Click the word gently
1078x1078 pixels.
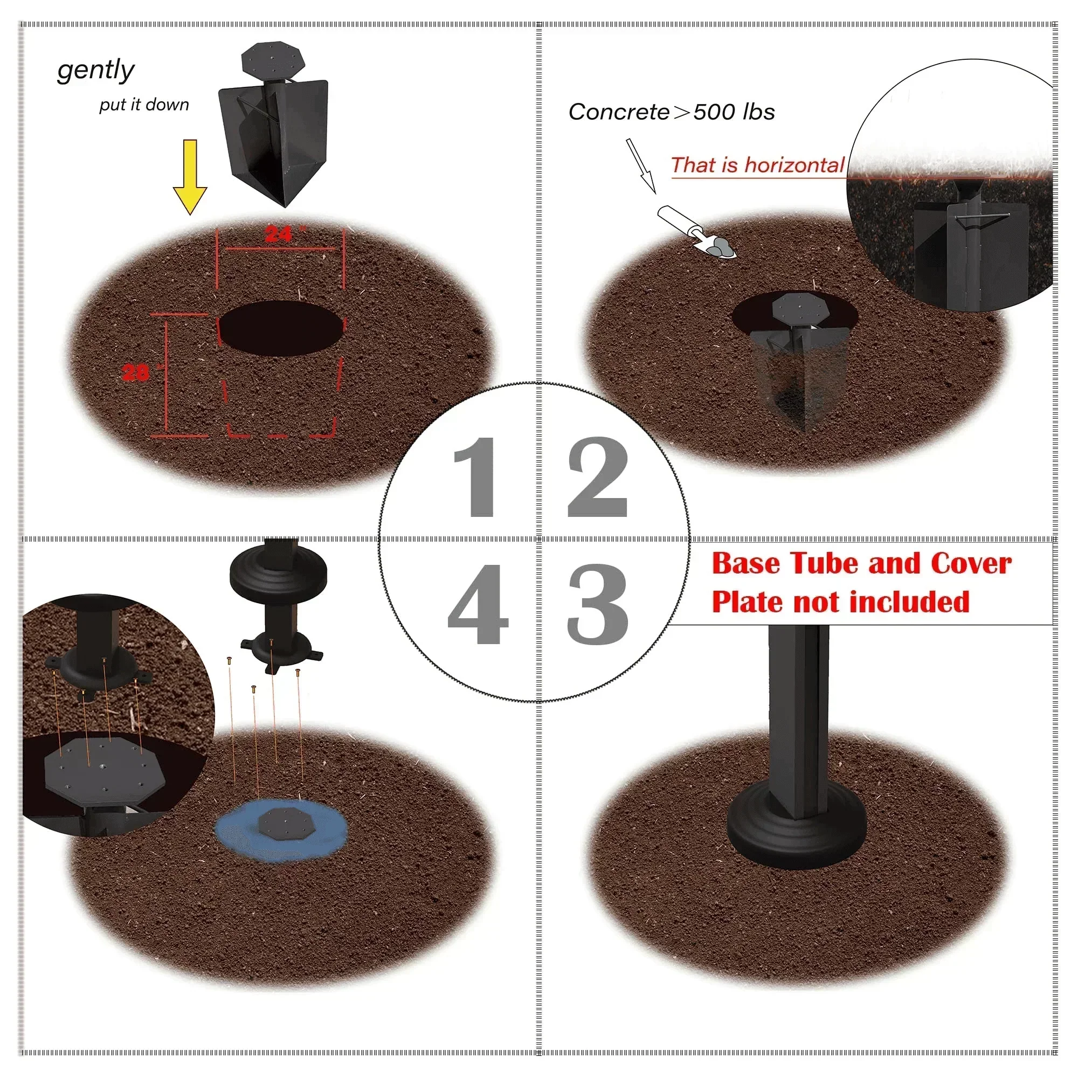[95, 70]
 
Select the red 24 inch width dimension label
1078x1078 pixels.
[279, 234]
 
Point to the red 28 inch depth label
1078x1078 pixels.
[136, 372]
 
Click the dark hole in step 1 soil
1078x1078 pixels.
[281, 328]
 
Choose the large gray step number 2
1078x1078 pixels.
[598, 477]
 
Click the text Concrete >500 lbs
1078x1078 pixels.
[671, 112]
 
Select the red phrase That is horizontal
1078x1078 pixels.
[757, 165]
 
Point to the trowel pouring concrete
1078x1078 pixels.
[697, 232]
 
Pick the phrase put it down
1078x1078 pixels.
[144, 105]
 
